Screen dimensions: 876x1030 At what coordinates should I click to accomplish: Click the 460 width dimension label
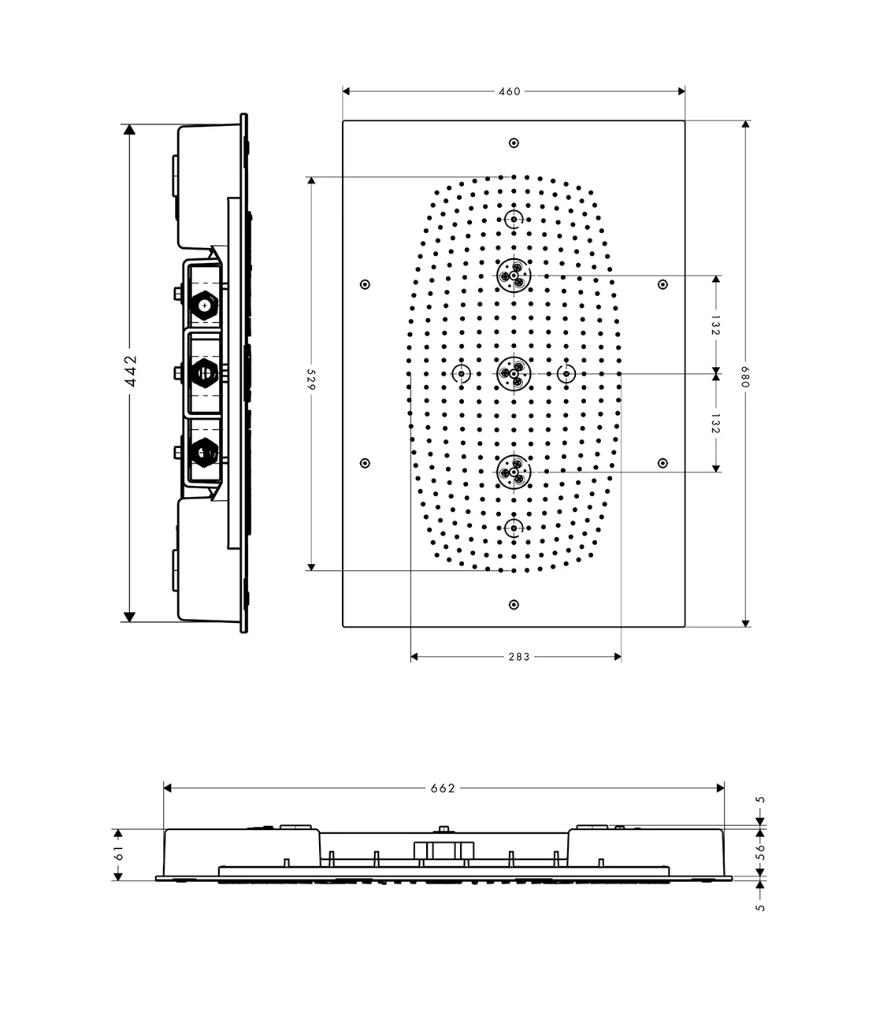pyautogui.click(x=509, y=91)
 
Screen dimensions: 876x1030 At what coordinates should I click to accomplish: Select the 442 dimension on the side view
pyautogui.click(x=130, y=371)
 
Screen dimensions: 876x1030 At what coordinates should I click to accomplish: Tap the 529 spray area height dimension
pyautogui.click(x=311, y=380)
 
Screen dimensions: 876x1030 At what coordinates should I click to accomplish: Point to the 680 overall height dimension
pyautogui.click(x=745, y=376)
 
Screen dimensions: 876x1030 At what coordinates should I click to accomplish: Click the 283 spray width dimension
pyautogui.click(x=518, y=657)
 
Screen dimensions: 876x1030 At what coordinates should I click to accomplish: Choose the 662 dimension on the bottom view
pyautogui.click(x=443, y=788)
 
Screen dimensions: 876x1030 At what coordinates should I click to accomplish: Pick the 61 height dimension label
pyautogui.click(x=119, y=854)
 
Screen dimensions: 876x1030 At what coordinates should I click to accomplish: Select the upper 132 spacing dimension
pyautogui.click(x=716, y=325)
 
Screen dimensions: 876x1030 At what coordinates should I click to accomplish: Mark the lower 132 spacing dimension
pyautogui.click(x=716, y=423)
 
